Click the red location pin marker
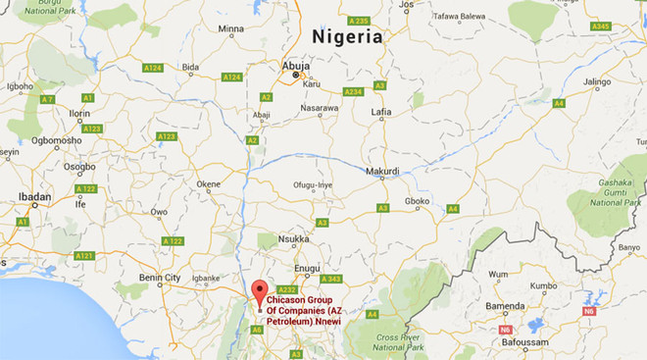[259, 292]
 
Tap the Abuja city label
[295, 67]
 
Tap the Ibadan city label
[34, 197]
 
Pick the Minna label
[230, 29]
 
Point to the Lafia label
[381, 113]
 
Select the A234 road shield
[353, 91]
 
